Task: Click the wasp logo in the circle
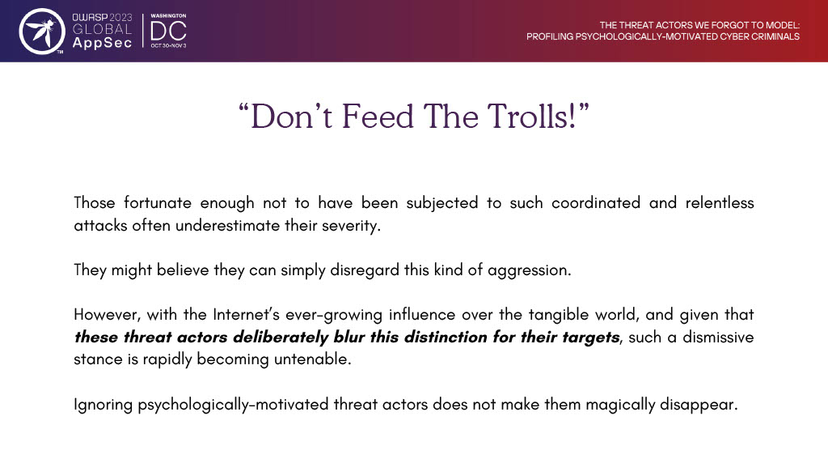(42, 32)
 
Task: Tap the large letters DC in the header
(168, 32)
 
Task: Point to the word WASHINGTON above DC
(168, 16)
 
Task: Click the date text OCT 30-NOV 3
(168, 46)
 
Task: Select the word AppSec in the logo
(102, 44)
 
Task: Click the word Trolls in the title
(531, 117)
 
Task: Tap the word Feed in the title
(378, 117)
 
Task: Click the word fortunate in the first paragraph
(158, 203)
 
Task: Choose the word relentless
(720, 203)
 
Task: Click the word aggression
(529, 270)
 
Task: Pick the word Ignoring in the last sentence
(103, 405)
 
